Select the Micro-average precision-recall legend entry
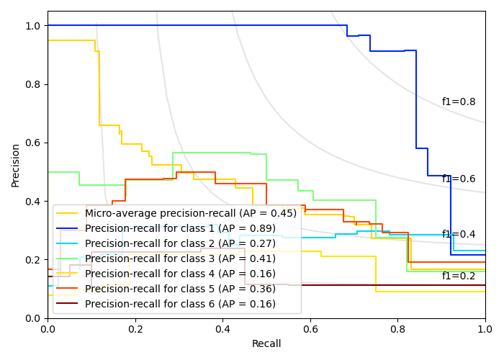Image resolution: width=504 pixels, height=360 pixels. (x=190, y=213)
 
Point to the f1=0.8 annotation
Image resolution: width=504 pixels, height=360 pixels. (x=459, y=102)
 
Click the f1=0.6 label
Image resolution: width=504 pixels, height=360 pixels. (x=459, y=179)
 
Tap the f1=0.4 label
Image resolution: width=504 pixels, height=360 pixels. (x=459, y=235)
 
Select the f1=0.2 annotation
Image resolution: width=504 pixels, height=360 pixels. (x=459, y=276)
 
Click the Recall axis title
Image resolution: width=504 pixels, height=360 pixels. (x=266, y=344)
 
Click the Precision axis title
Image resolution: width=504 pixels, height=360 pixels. (x=16, y=165)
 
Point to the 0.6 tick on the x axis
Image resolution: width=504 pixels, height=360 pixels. (x=310, y=328)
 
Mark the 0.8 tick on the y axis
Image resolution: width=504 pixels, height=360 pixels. (x=34, y=84)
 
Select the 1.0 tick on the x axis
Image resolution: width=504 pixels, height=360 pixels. (x=485, y=328)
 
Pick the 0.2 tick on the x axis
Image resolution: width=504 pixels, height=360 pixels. (x=135, y=328)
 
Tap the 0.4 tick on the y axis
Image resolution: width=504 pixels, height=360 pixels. (x=34, y=202)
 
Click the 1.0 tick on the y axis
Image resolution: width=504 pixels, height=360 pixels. (x=34, y=26)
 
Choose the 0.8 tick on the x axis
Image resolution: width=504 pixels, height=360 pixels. (x=397, y=328)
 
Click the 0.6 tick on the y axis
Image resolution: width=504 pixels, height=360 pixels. (x=34, y=143)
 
